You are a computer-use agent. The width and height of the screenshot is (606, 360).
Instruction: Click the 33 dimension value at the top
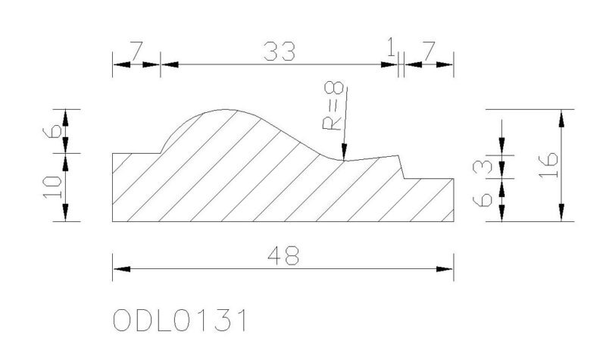pos(279,52)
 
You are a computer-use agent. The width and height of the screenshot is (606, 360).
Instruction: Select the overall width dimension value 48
pos(283,255)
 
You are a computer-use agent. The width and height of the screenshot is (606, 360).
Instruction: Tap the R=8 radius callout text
pos(333,105)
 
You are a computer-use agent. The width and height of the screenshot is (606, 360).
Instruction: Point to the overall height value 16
pos(548,165)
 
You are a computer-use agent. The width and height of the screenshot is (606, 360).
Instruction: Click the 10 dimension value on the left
pos(52,187)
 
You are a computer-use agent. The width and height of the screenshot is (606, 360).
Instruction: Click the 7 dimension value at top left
pos(136,52)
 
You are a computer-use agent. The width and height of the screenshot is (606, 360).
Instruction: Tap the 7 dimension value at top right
pos(429,52)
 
